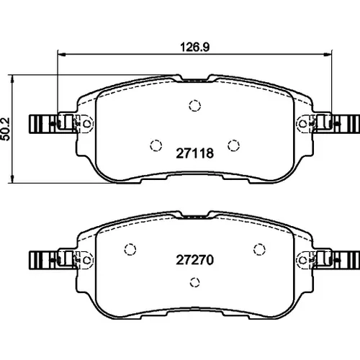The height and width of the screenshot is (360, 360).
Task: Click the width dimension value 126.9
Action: (x=195, y=47)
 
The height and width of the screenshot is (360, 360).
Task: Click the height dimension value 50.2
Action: (x=6, y=129)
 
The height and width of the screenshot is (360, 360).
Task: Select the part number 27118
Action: (x=195, y=153)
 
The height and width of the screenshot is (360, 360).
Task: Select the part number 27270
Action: (x=195, y=260)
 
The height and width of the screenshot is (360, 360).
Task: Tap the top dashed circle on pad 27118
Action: (x=195, y=106)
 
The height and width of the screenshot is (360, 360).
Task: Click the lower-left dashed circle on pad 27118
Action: (x=156, y=145)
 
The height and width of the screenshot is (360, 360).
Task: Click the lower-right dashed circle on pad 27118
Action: (x=233, y=145)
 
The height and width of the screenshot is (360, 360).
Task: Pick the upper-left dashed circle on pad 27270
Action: (x=130, y=249)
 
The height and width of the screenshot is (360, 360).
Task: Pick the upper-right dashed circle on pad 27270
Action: (x=259, y=249)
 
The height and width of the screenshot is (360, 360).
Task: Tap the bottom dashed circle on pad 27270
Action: (x=195, y=282)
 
